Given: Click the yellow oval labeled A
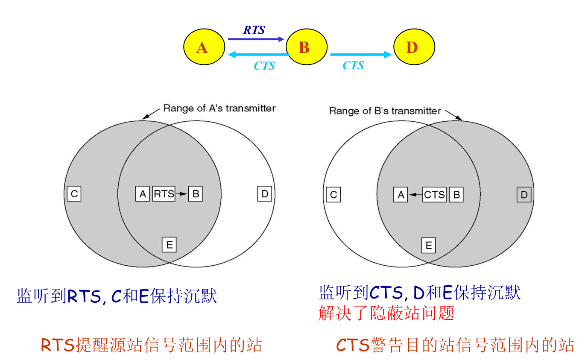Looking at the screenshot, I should coord(204,47).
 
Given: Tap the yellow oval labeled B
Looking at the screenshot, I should coord(306,47).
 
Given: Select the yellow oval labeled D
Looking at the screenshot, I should coord(414,47).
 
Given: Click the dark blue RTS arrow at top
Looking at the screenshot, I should coord(255,39).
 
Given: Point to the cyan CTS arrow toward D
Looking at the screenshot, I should coord(360,55).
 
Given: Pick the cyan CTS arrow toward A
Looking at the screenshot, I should coord(259,55).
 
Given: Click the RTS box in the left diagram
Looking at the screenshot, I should coord(164,194).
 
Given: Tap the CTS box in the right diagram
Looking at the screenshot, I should coord(434,195).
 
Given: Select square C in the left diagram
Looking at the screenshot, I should coord(74,194).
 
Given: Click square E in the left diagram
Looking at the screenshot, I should coord(169,245).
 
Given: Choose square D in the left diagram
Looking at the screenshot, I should coord(265,194).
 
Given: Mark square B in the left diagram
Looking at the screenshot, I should coord(196,194).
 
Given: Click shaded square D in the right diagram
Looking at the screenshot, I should coord(524,195).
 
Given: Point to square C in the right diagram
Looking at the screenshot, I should coord(333,195).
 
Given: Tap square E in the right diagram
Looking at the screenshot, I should coord(429,246).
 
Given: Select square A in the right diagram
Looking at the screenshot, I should coord(401,195).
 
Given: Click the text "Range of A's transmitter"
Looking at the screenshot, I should coord(219,108).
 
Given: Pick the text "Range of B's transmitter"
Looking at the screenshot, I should coord(385,111).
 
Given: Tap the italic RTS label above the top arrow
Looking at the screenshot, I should coord(254,30).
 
